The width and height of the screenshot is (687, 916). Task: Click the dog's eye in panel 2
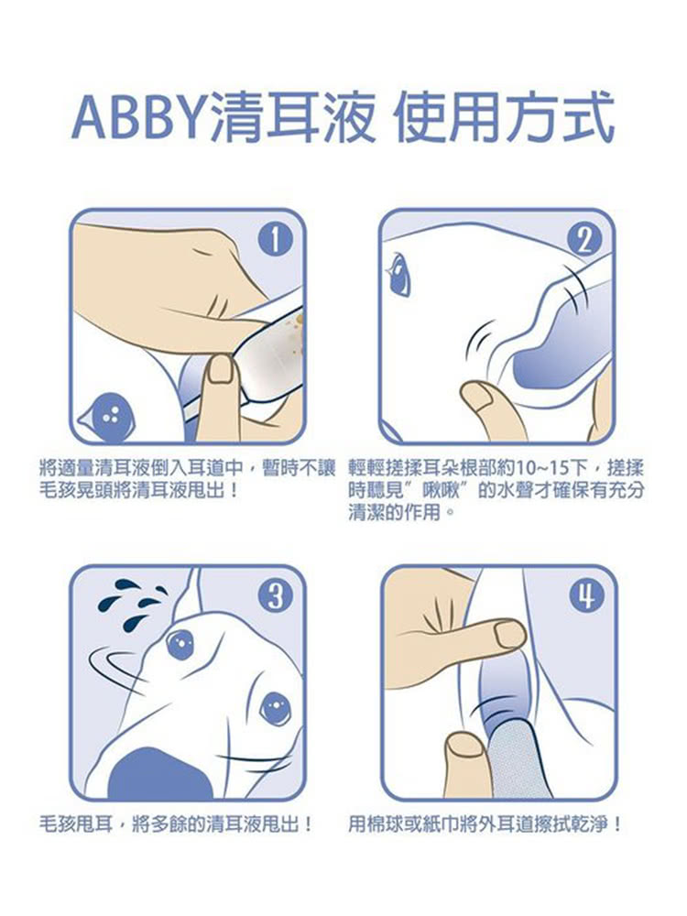[399, 273]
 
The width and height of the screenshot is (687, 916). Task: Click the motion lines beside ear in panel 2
[482, 338]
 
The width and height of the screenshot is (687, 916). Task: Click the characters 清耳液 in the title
[292, 117]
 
